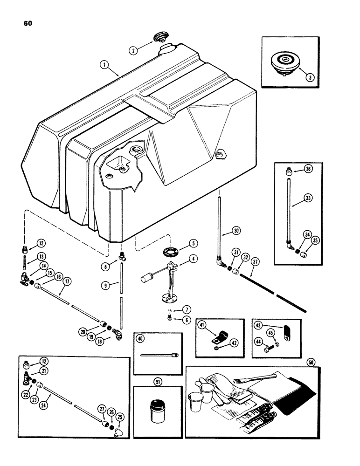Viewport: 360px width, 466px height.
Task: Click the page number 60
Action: click(x=24, y=22)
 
